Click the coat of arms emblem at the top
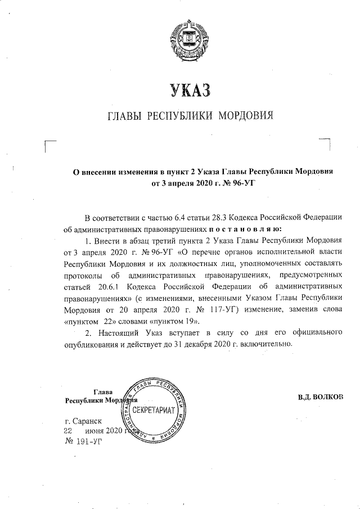tap(190, 35)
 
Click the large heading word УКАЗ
tap(190, 89)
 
